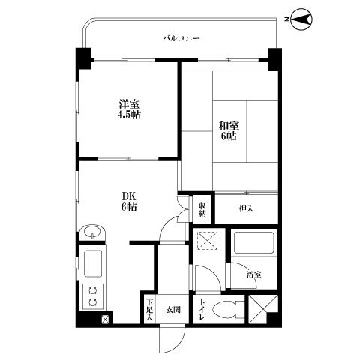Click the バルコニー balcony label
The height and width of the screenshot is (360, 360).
[x=181, y=38]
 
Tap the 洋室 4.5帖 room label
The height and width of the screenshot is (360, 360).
[x=129, y=109]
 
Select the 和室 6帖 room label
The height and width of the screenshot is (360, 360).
[x=229, y=130]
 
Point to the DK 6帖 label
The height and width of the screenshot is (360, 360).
[x=129, y=202]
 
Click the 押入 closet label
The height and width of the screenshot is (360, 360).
[x=247, y=208]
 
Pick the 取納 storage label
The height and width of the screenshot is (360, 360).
[x=202, y=210]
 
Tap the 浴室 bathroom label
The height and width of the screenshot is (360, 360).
[x=254, y=274]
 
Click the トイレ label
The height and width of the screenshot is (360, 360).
[x=202, y=309]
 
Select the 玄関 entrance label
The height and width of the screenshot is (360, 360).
[x=173, y=310]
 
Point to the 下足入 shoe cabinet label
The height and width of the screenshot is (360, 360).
[x=149, y=310]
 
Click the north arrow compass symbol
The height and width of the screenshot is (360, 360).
[x=301, y=19]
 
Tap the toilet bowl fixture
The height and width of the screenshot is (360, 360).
[x=228, y=310]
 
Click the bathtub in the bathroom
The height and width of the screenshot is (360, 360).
[x=254, y=243]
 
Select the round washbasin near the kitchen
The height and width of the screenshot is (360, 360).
[x=93, y=232]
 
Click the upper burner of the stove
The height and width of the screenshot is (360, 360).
[x=93, y=290]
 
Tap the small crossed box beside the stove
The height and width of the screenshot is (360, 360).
[x=105, y=319]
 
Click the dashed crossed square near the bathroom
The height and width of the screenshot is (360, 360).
[x=208, y=240]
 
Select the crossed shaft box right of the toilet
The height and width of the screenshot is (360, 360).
[x=263, y=309]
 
